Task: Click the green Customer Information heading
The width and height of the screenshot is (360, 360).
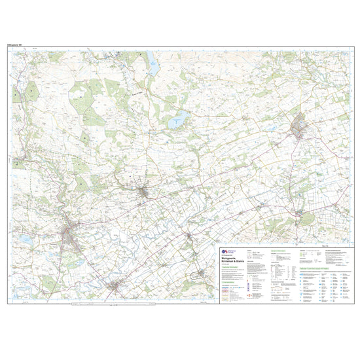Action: coord(232,268)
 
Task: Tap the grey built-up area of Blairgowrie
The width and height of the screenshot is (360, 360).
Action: coord(70,234)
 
